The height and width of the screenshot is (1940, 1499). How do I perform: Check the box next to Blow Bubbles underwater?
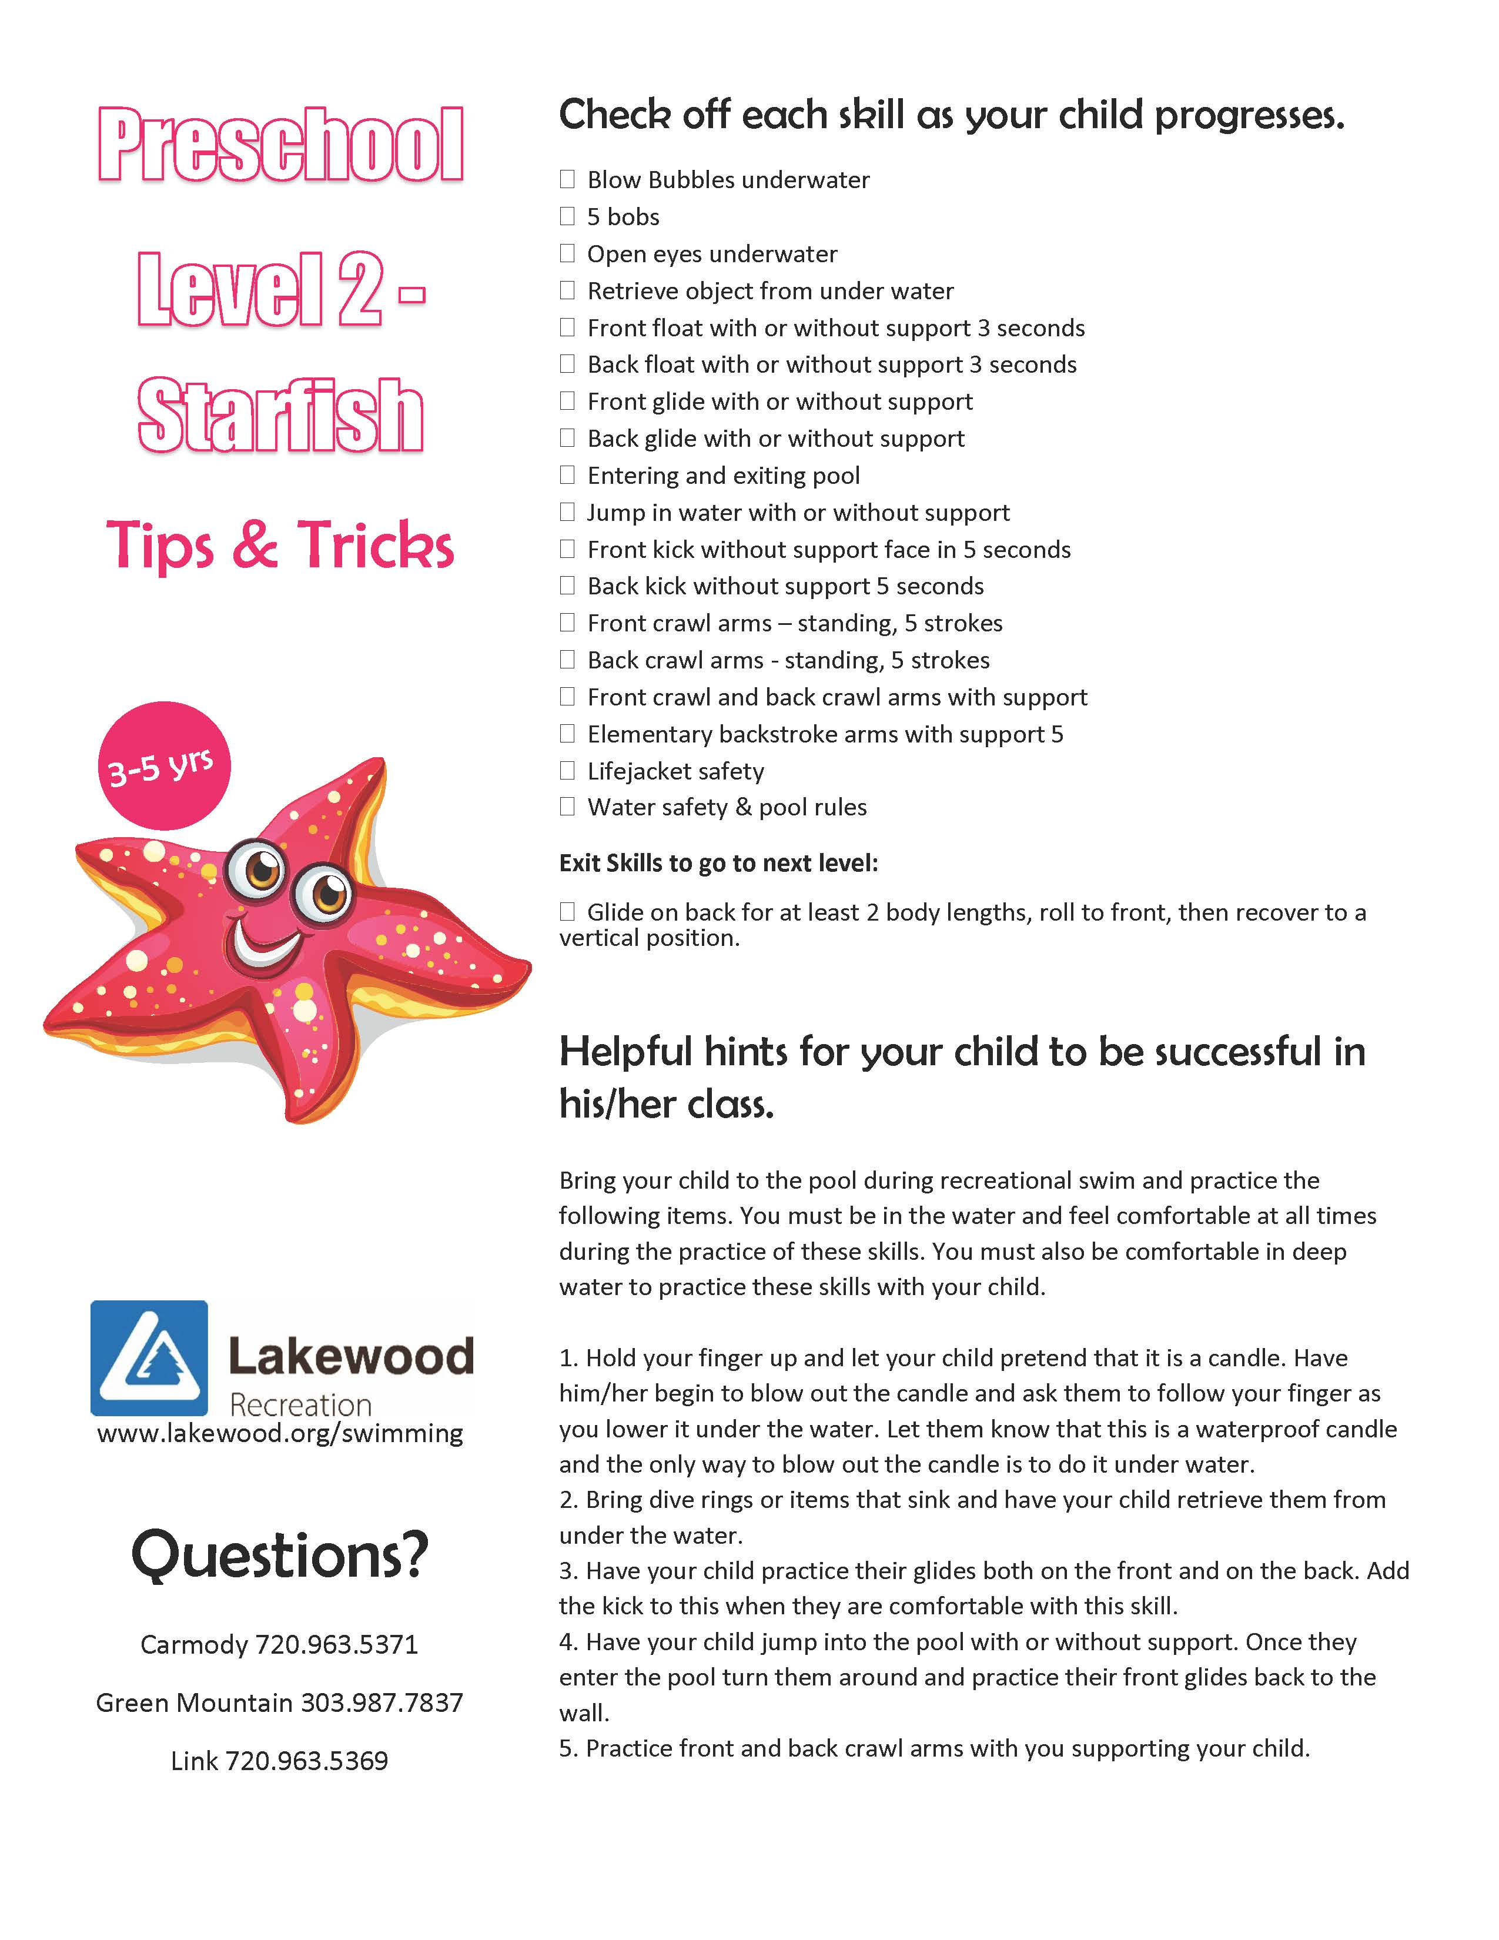(567, 179)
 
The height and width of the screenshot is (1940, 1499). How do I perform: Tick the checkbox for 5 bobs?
(567, 217)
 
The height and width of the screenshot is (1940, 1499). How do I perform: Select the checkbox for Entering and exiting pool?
(567, 475)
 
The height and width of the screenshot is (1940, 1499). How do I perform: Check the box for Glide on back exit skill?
(567, 911)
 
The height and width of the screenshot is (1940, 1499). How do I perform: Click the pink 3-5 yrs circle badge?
(163, 765)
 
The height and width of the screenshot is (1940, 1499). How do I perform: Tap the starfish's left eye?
(260, 869)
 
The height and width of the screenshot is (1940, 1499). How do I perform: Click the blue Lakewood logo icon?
(149, 1357)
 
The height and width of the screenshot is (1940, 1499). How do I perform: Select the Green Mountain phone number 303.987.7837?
(382, 1702)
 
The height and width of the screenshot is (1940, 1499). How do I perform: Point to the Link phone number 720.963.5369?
(306, 1761)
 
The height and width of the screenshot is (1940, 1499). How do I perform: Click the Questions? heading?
(280, 1556)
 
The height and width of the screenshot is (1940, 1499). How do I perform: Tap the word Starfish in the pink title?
(280, 416)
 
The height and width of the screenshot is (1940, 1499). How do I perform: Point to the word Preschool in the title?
(280, 145)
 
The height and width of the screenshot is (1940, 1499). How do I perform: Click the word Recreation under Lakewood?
(300, 1404)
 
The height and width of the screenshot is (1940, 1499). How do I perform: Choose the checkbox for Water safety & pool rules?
(567, 807)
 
